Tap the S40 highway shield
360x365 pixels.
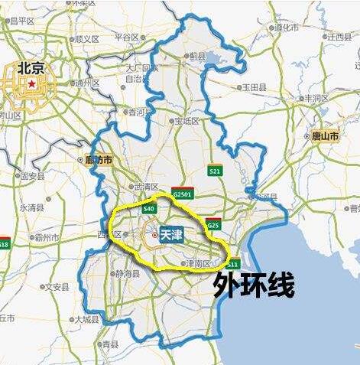click(x=149, y=208)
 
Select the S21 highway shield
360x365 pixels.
click(x=215, y=171)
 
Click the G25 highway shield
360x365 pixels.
click(x=213, y=225)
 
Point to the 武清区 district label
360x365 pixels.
click(x=145, y=187)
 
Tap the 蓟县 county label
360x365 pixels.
click(x=197, y=56)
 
